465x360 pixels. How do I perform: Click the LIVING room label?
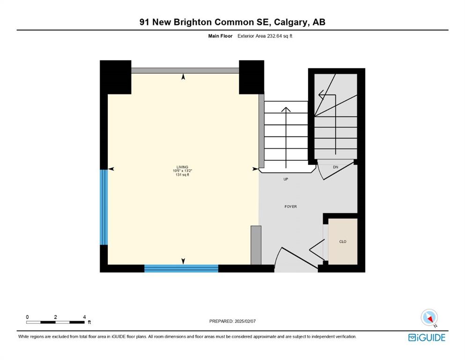pos(182,167)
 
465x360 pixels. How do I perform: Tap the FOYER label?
pos(290,207)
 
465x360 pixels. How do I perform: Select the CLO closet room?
pos(343,241)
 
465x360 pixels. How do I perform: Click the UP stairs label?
pos(286,179)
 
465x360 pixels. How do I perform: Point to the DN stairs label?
pos(335,167)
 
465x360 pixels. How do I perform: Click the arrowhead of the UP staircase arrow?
pos(286,109)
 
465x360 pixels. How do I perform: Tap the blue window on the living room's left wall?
pos(104,207)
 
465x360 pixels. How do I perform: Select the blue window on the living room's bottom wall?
pos(181,268)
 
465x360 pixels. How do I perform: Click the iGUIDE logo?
pos(427,337)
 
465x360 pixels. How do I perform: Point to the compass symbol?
pos(429,317)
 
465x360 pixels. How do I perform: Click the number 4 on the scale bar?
pos(84,317)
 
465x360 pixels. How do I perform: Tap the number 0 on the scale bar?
pos(27,317)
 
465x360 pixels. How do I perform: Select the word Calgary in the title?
pos(290,22)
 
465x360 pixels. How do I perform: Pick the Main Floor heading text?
pos(220,36)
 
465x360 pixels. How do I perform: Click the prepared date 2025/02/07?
pos(245,321)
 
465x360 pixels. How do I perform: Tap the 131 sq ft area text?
pos(182,175)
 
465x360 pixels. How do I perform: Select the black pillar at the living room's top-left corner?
pos(115,77)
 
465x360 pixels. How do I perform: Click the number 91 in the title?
pos(144,22)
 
